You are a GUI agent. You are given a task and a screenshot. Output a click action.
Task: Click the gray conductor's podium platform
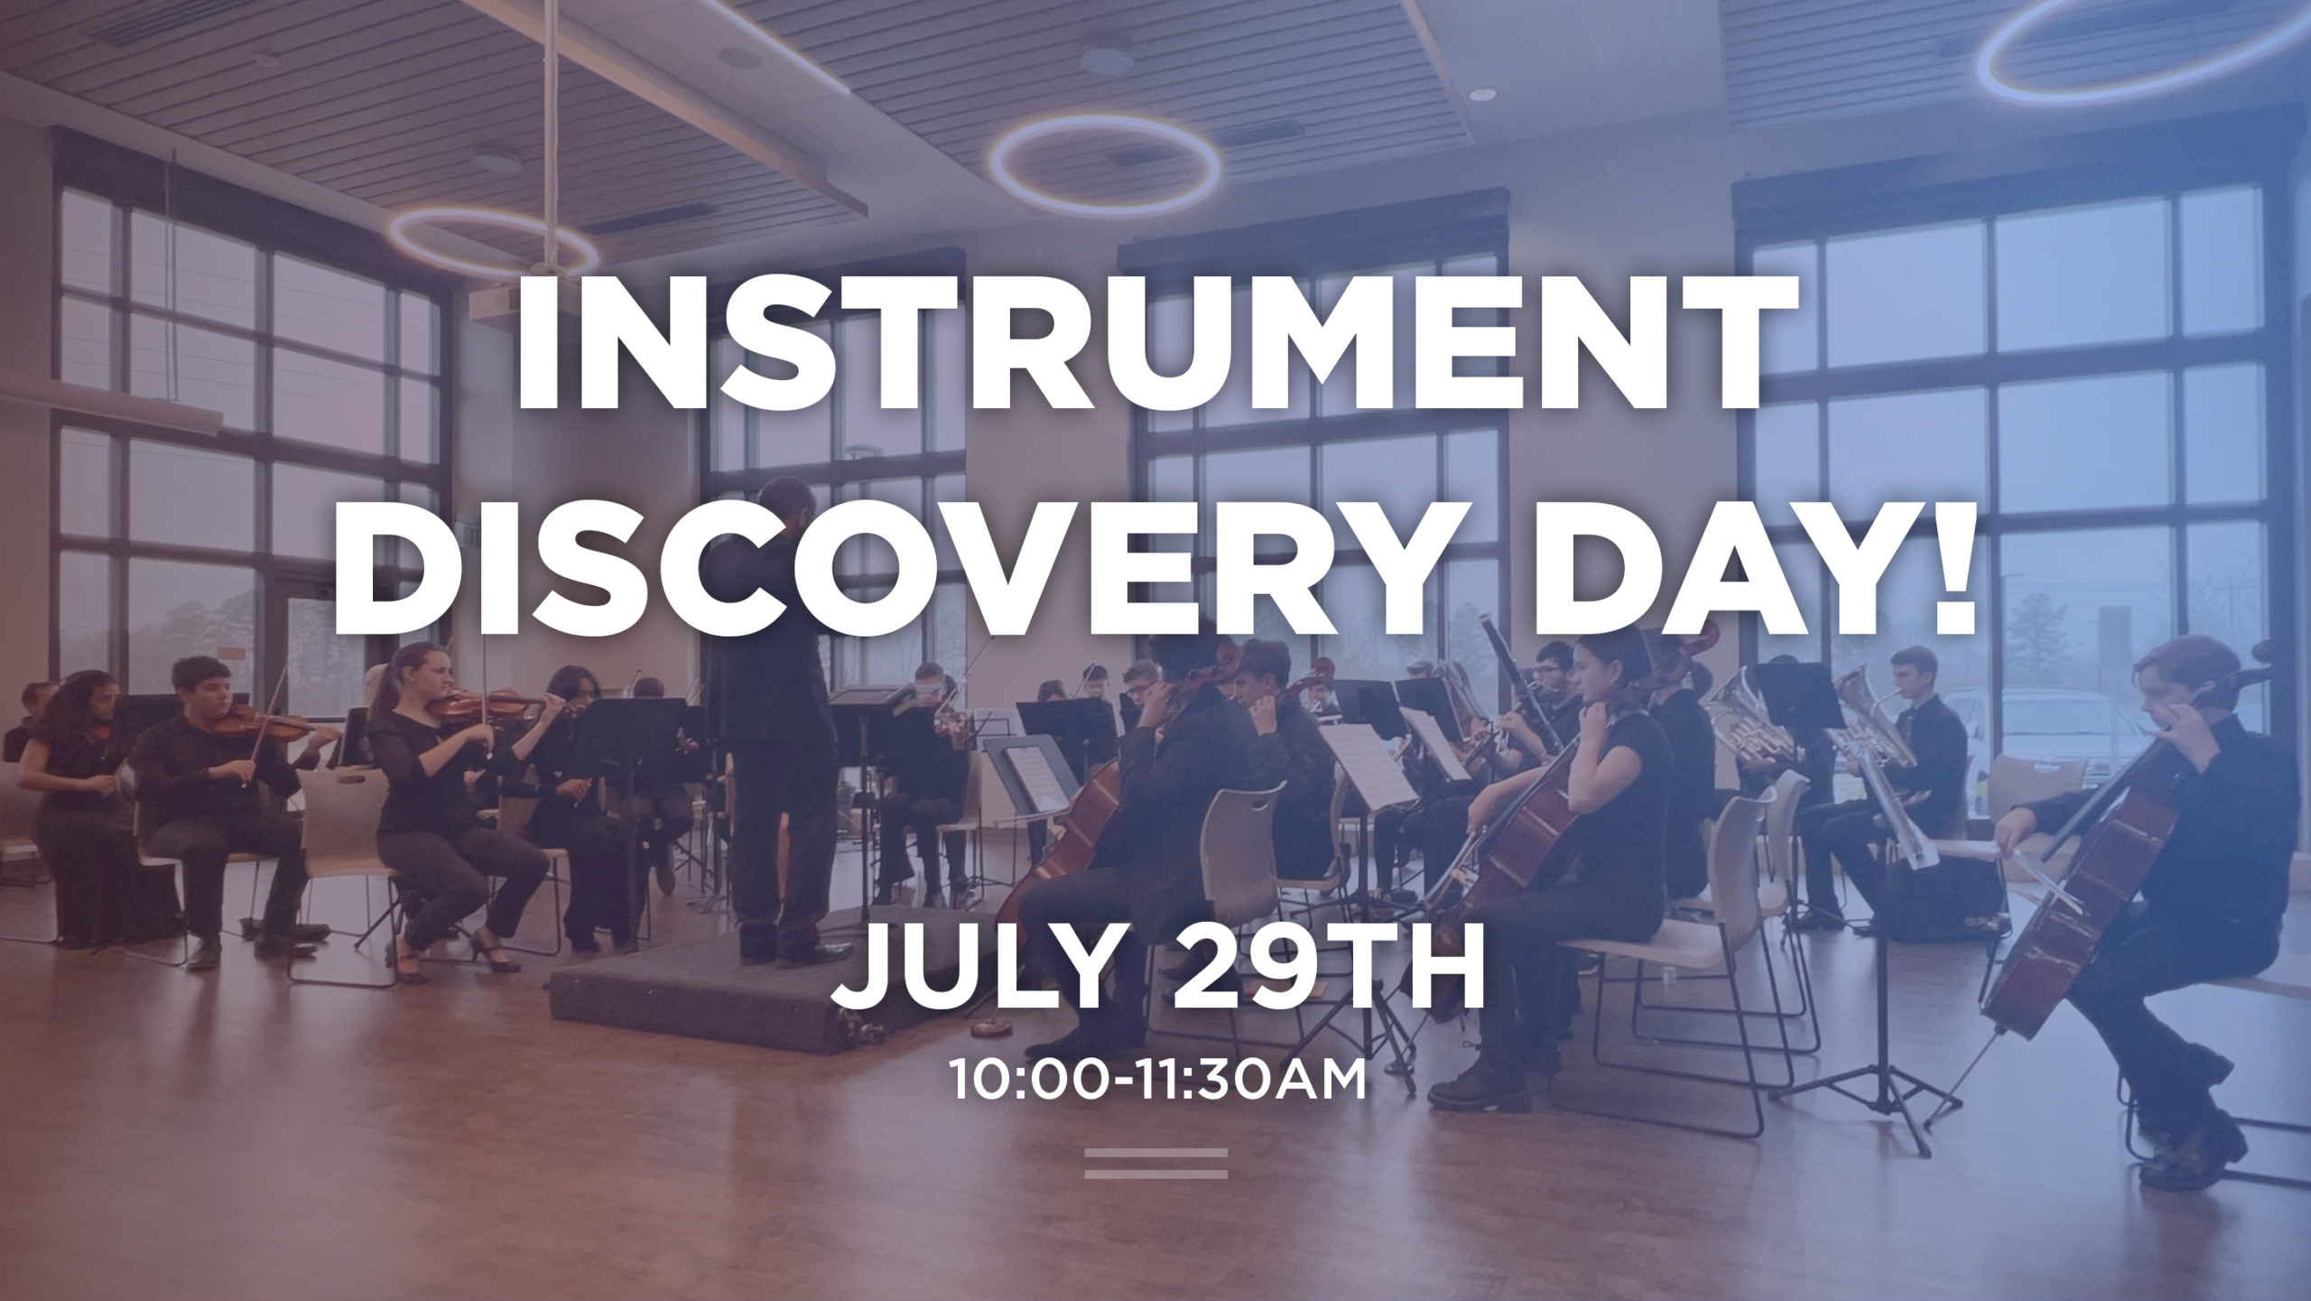(x=722, y=993)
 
